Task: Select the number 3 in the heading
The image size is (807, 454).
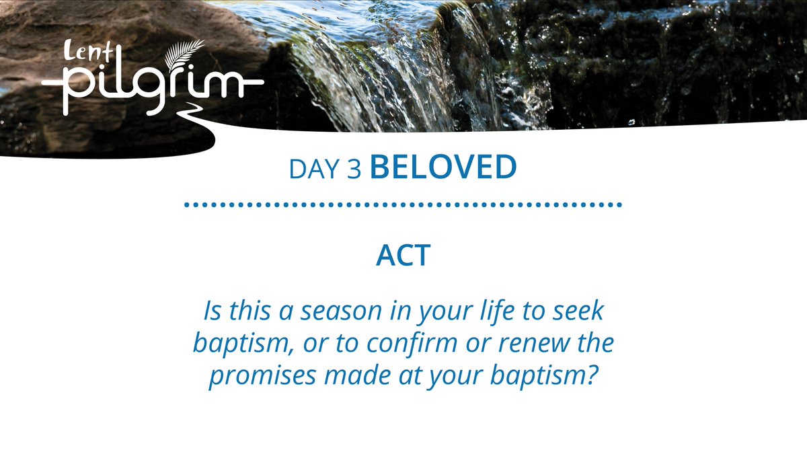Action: click(x=355, y=170)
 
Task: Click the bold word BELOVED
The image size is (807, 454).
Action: click(x=443, y=168)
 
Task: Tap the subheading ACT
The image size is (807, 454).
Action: click(x=402, y=256)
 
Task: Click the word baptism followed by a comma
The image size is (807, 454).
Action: click(x=237, y=344)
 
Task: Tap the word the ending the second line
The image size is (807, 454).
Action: click(x=594, y=344)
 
